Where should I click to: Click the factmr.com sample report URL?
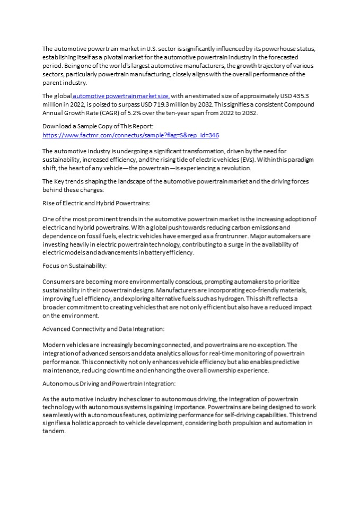[130, 135]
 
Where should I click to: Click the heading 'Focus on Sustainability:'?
[74, 265]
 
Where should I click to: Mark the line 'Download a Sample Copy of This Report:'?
[98, 127]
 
